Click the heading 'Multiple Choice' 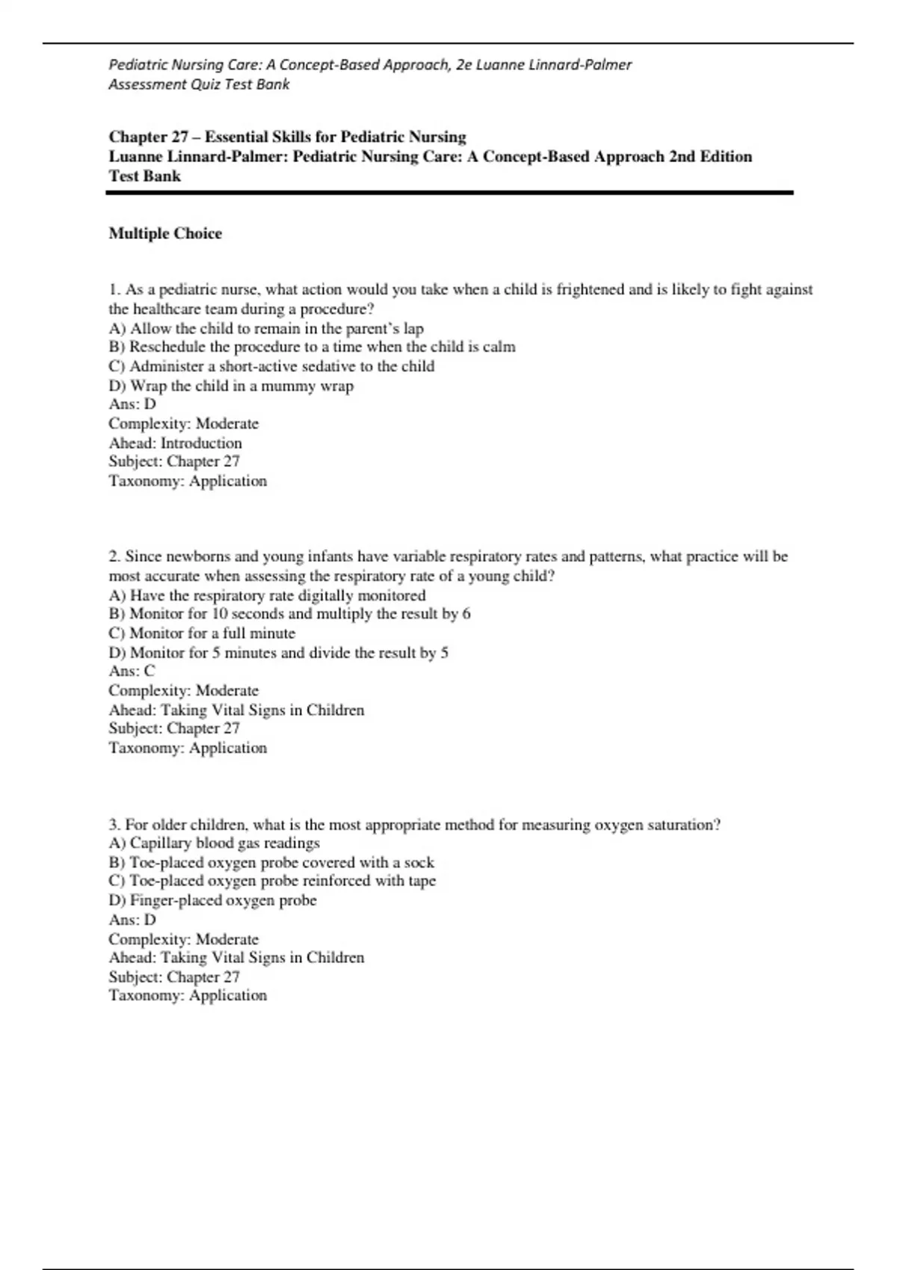(x=165, y=234)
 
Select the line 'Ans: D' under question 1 (x=132, y=404)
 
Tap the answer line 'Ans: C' (x=132, y=671)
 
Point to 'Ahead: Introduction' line (x=175, y=443)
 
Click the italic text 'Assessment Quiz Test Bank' (x=199, y=84)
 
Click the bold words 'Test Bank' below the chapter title (x=145, y=176)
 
